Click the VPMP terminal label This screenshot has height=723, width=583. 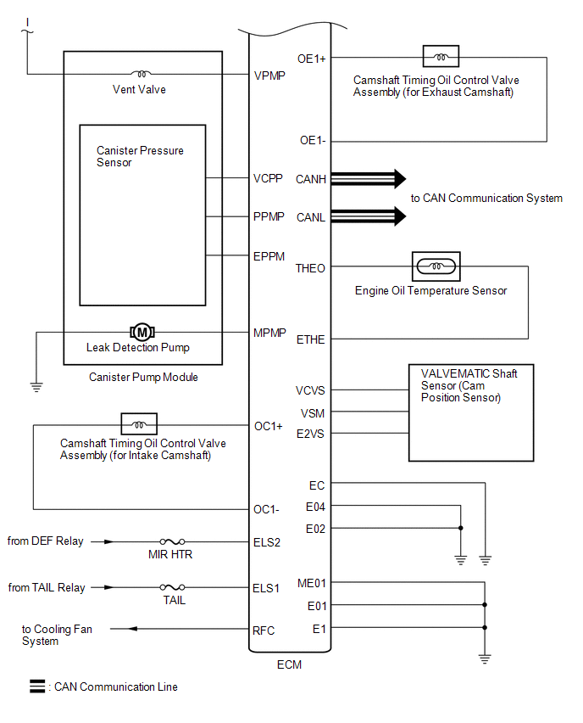point(269,76)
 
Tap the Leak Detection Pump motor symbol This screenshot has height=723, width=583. point(142,332)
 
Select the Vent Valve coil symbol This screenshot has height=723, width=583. point(142,74)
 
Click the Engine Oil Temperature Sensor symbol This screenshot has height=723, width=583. point(436,266)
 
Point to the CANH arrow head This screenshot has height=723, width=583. point(400,179)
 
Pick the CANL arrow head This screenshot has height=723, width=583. point(400,216)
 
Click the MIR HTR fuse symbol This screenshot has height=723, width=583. point(172,541)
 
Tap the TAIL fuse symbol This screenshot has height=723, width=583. point(172,587)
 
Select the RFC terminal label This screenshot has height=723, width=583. point(264,631)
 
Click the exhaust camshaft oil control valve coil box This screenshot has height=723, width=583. point(441,56)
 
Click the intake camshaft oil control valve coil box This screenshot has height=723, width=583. point(139,423)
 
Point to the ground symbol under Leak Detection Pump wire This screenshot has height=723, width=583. point(36,387)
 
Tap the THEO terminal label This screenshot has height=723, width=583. point(310,268)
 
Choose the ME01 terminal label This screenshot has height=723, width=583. point(311,583)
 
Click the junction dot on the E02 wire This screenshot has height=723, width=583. point(460,528)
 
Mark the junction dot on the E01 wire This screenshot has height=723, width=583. point(485,604)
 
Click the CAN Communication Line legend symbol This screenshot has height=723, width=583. point(37,687)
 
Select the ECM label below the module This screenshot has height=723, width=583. point(289,664)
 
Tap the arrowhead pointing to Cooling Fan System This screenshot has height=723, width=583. point(133,629)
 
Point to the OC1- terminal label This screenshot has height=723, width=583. point(266,509)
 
